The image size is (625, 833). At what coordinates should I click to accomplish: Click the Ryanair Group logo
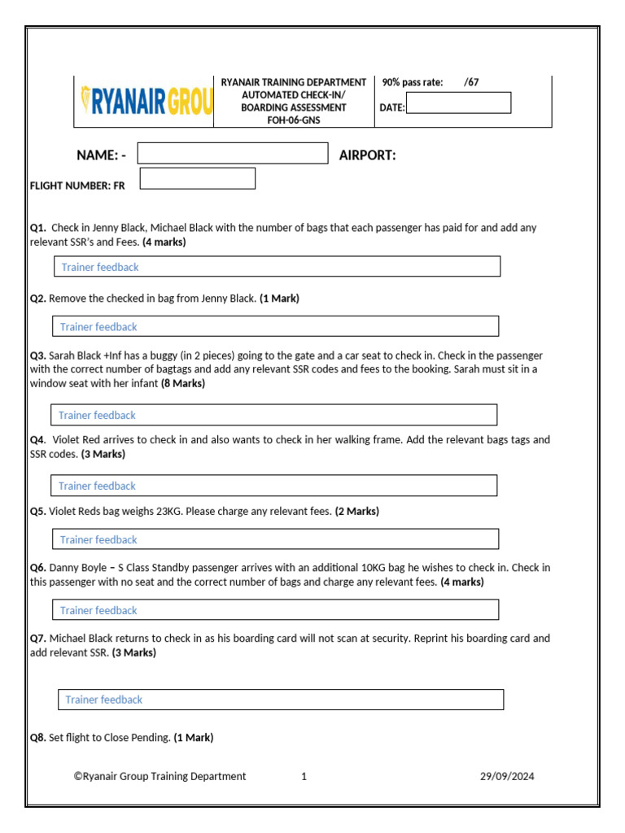coord(146,102)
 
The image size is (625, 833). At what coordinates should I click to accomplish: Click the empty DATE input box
coord(458,102)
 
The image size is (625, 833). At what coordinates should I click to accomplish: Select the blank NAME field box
coord(232,154)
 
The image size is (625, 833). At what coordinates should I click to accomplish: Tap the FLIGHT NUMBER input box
coord(198,178)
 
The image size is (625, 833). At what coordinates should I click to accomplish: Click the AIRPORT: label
coord(367,155)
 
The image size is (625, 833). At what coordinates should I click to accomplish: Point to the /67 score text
coord(471,82)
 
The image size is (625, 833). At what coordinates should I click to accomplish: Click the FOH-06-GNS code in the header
coord(294,120)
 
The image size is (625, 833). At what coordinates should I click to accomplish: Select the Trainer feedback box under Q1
coord(277,267)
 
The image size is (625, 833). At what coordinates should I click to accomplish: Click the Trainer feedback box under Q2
coord(275,326)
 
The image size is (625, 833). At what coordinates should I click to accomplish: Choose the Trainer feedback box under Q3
coord(273,415)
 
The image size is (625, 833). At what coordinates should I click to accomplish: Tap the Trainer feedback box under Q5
coord(275,539)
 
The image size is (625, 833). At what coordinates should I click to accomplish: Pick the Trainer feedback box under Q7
coord(281,700)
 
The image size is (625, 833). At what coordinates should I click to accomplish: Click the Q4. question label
coord(38,439)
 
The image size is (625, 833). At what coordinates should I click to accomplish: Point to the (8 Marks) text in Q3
coord(183,383)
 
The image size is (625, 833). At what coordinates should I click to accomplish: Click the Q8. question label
coord(38,738)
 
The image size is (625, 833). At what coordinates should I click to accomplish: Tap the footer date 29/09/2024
coord(507,776)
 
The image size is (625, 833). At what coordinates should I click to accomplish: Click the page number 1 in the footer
coord(304,776)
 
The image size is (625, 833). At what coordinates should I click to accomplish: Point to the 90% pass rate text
coord(413,82)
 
